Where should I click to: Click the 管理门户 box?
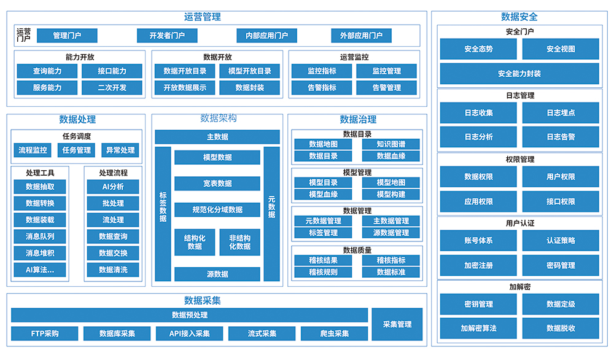(x=67, y=36)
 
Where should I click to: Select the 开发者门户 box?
(x=167, y=36)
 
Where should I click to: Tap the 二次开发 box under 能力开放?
(x=112, y=88)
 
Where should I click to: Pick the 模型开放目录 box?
(x=249, y=71)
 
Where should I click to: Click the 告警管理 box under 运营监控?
(x=386, y=88)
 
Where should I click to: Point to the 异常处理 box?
(x=120, y=150)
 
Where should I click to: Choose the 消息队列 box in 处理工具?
(x=40, y=237)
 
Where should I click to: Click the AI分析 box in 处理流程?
(x=113, y=187)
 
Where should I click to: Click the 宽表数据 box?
(x=217, y=183)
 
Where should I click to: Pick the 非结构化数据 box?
(x=239, y=242)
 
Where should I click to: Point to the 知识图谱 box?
(x=391, y=144)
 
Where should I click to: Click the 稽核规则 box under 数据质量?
(x=323, y=272)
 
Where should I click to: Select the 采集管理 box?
(x=397, y=324)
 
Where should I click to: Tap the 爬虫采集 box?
(x=334, y=334)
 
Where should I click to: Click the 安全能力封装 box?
(x=519, y=74)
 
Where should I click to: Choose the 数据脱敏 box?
(x=561, y=328)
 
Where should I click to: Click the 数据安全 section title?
(x=519, y=17)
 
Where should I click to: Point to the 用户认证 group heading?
(x=519, y=223)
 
